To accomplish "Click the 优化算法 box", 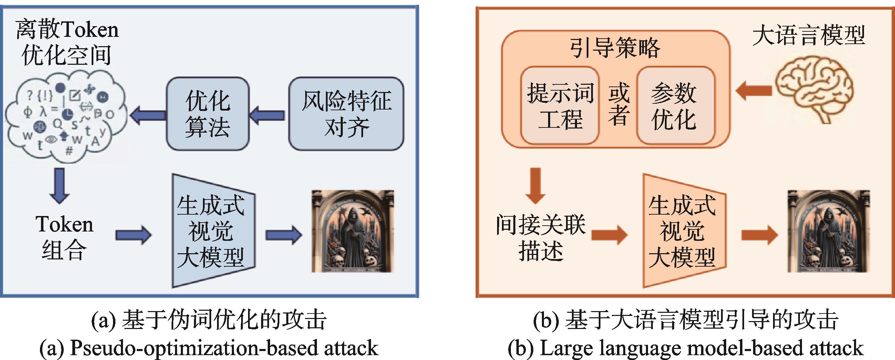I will pyautogui.click(x=208, y=114).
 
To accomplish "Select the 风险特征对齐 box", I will pyautogui.click(x=346, y=114).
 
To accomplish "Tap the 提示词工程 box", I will pyautogui.click(x=560, y=106).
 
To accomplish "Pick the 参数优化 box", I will pyautogui.click(x=675, y=106).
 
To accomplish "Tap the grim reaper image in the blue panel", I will pyautogui.click(x=353, y=231).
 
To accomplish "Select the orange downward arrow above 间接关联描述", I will pyautogui.click(x=535, y=185).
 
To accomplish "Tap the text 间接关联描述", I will pyautogui.click(x=541, y=238).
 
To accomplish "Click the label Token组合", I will pyautogui.click(x=64, y=238).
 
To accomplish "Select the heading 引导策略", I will pyautogui.click(x=615, y=48).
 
